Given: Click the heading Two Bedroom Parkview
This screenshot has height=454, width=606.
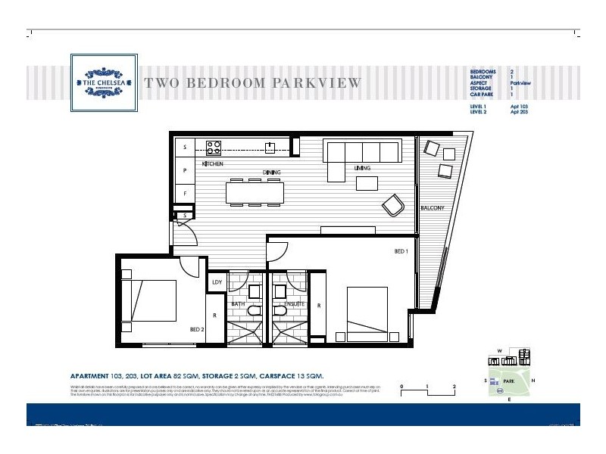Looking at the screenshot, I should [x=252, y=82].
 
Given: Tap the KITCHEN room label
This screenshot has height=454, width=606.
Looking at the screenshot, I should [x=213, y=164].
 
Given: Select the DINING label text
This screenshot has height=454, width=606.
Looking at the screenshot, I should [x=271, y=173].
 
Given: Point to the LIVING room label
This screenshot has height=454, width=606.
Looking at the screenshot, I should [x=361, y=168].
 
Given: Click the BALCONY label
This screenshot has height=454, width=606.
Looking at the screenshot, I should [x=432, y=208].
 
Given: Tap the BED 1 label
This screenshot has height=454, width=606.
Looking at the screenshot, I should [x=401, y=250].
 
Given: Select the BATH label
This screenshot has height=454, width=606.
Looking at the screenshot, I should [x=237, y=303].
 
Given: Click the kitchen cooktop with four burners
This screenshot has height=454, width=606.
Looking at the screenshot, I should [x=214, y=147].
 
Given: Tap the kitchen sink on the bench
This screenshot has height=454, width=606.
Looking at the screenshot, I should [x=269, y=147].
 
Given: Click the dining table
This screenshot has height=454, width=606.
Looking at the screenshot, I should [x=255, y=192].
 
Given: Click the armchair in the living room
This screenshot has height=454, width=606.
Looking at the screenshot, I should [x=392, y=205].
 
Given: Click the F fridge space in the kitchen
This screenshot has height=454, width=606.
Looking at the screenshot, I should [x=184, y=194].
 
